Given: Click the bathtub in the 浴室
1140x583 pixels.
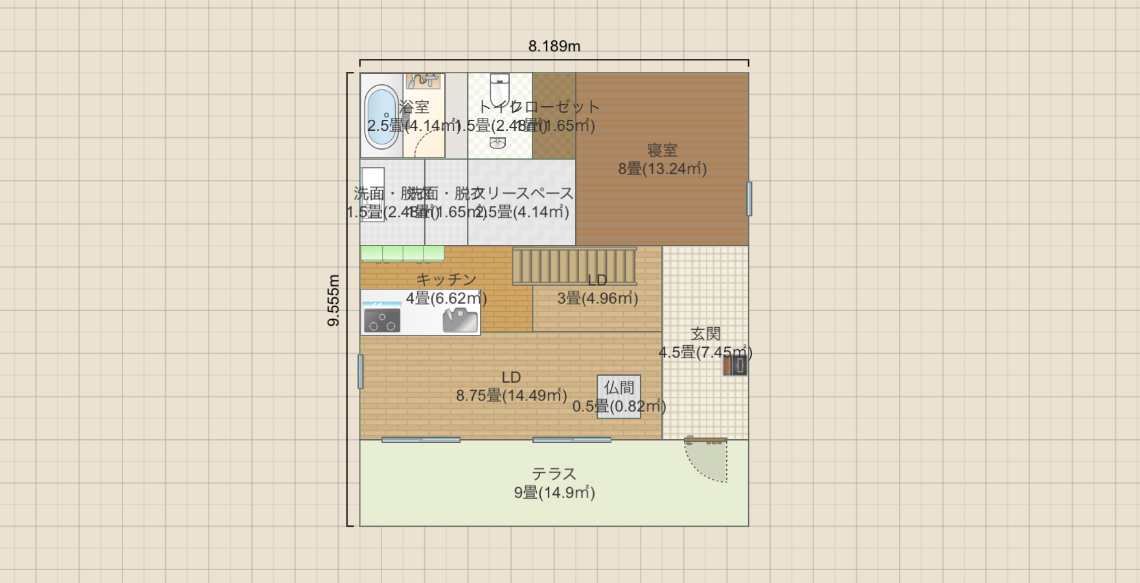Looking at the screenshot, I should (382, 117).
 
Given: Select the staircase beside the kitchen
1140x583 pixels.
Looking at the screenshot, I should (575, 266).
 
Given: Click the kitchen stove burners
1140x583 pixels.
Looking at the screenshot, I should (382, 320).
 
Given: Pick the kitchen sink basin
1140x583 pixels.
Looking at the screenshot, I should (460, 320).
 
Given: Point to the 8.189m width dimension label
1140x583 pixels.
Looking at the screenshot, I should (554, 47).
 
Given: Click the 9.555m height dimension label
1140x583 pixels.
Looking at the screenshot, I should (334, 300).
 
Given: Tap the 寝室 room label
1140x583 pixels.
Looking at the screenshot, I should (662, 150).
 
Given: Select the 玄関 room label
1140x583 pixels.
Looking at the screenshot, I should (705, 334).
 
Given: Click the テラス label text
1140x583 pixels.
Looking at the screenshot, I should (554, 474).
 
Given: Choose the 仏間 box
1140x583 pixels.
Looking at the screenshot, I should (619, 396).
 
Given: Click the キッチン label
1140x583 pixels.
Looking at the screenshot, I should (446, 279).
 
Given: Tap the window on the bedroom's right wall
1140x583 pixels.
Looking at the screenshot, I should (749, 199).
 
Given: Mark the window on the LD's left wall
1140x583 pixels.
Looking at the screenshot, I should (361, 372).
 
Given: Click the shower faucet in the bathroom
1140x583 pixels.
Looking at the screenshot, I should (423, 80).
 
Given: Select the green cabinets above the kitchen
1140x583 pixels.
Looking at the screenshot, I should (402, 253).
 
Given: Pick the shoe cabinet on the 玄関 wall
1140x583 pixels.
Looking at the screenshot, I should (735, 366).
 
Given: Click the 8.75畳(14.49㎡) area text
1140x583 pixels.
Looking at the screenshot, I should (512, 396).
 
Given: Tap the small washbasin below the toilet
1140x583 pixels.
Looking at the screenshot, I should (497, 143).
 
